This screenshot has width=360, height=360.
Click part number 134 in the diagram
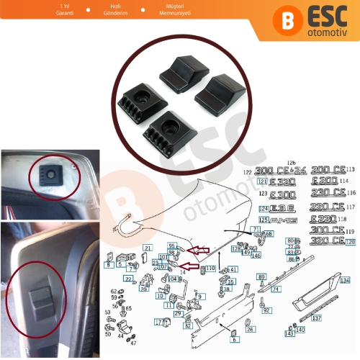click(346, 279)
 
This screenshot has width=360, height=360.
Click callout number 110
click(211, 269)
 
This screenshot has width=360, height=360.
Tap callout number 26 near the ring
click(249, 329)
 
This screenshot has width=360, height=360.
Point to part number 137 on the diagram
click(318, 318)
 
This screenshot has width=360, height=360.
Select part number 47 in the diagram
click(132, 343)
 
